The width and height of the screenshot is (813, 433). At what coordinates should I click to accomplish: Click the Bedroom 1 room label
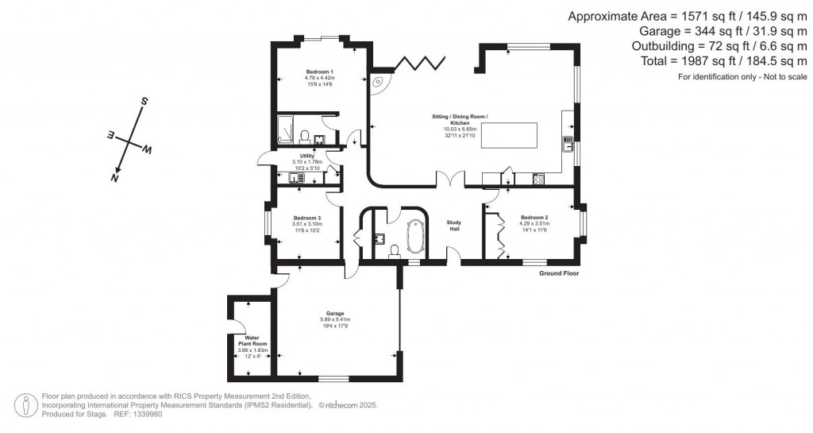click(x=319, y=72)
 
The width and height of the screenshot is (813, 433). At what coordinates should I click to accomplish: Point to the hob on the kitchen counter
click(x=538, y=179)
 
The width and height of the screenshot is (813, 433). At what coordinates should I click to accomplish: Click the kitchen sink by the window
click(x=568, y=144)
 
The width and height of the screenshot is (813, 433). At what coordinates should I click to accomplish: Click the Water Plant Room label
click(x=253, y=341)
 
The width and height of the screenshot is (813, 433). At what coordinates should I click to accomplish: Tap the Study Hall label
click(x=454, y=225)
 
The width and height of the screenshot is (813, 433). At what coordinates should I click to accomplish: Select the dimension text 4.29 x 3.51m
click(x=534, y=223)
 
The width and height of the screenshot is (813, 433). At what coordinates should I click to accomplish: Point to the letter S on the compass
click(x=144, y=102)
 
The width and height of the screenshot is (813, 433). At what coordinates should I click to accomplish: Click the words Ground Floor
click(x=559, y=273)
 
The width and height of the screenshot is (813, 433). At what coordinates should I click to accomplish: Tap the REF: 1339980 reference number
click(x=138, y=413)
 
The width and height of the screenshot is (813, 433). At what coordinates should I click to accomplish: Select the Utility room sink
click(x=295, y=178)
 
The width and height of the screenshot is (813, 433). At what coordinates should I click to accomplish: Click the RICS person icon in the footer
click(x=28, y=404)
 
